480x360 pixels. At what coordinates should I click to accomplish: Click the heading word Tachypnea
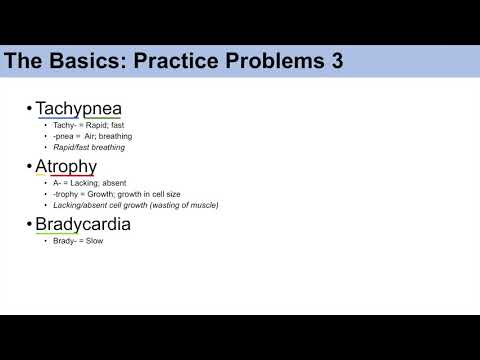point(79,108)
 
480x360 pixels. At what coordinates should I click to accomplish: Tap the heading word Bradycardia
point(83,224)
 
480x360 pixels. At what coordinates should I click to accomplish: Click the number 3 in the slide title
point(337,61)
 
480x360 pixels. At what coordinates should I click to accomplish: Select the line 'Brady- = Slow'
point(79,241)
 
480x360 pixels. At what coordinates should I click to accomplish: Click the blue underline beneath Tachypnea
point(57,119)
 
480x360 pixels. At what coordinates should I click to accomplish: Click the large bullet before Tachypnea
point(30,108)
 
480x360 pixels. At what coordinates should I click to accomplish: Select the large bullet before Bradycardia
point(30,224)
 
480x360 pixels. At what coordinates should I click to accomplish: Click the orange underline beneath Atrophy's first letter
point(41,177)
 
